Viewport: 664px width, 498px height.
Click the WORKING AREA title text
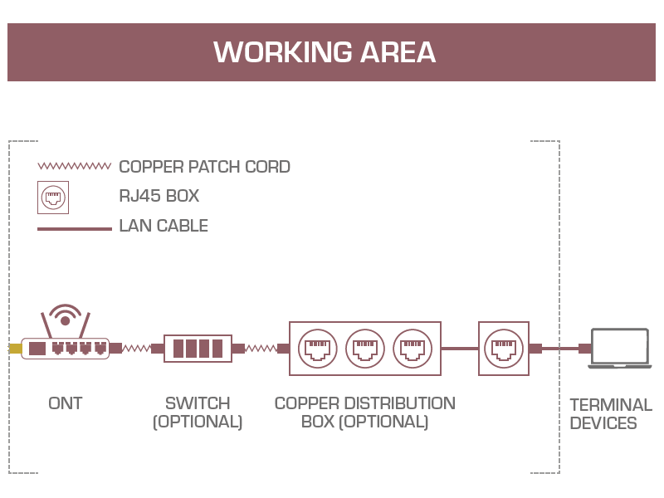tap(325, 52)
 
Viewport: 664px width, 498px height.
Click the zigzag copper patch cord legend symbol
tap(75, 166)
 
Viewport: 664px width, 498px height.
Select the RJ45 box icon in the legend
tap(53, 198)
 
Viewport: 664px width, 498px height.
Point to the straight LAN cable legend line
tap(75, 228)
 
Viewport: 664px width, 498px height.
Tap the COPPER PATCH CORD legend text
tap(204, 167)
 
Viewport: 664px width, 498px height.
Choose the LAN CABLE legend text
tap(164, 226)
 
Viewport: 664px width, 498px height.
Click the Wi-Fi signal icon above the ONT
tap(65, 316)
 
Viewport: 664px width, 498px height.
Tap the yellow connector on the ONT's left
tap(15, 349)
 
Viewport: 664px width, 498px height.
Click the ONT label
tap(66, 403)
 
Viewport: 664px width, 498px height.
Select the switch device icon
tap(198, 348)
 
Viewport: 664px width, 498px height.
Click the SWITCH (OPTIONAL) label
tap(198, 413)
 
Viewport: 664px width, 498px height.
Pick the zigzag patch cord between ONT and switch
tap(137, 349)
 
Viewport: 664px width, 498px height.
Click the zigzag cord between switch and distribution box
tap(261, 349)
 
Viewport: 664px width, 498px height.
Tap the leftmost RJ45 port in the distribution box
tap(318, 349)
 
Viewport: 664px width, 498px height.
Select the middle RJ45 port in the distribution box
tap(365, 349)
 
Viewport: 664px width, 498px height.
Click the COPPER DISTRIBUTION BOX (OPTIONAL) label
tap(365, 413)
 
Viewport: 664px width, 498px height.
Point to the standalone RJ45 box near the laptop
tap(504, 349)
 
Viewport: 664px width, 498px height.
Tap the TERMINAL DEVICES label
tap(611, 414)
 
